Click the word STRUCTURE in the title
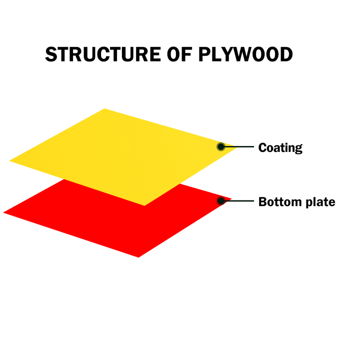[x=103, y=54]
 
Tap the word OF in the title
[x=179, y=54]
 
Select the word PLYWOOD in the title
[x=245, y=54]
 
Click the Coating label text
[x=280, y=148]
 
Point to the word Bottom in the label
[x=280, y=202]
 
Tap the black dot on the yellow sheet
[x=221, y=146]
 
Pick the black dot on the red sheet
[x=221, y=201]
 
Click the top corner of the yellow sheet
[x=104, y=108]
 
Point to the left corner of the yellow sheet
[x=9, y=161]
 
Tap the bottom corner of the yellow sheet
[x=144, y=205]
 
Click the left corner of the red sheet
[x=3, y=213]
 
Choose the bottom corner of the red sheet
[x=138, y=257]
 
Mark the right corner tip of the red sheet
[x=231, y=199]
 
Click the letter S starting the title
[x=51, y=54]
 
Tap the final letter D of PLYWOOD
[x=286, y=54]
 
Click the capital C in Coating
[x=262, y=147]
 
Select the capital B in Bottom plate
[x=262, y=202]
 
